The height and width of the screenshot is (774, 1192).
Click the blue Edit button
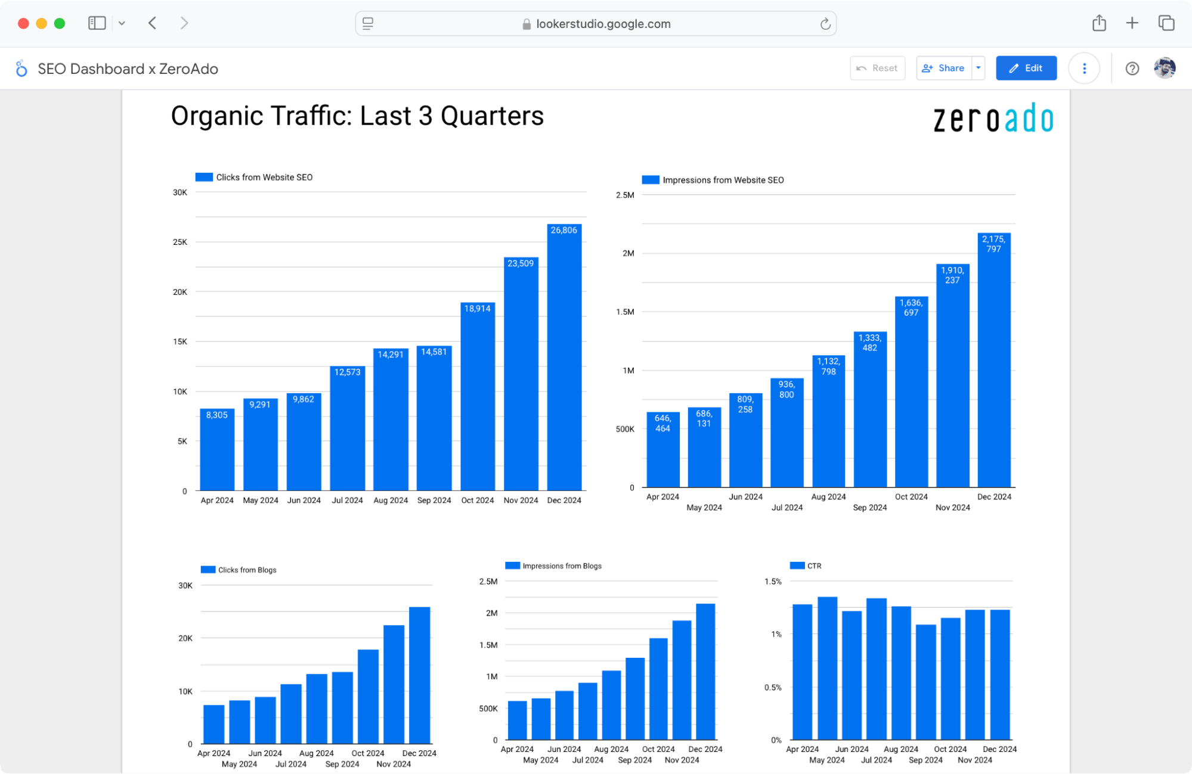click(1026, 68)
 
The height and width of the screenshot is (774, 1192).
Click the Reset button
click(877, 68)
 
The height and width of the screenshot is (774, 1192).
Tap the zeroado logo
click(993, 119)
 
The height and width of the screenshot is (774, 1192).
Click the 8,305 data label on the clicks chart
click(216, 415)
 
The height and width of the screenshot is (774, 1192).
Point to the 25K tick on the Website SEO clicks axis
click(180, 242)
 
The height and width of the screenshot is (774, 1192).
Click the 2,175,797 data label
click(993, 244)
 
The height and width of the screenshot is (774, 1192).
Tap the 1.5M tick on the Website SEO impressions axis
click(625, 312)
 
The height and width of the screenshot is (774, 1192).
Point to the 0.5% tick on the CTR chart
click(773, 687)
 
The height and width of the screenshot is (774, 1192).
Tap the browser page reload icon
click(825, 24)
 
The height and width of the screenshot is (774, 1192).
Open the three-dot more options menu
click(1083, 69)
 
